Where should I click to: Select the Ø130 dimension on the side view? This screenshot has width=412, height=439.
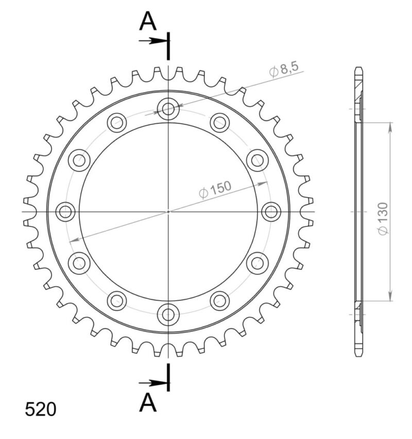click(383, 219)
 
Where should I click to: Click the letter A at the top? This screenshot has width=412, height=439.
click(148, 22)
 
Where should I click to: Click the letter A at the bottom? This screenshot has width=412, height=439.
click(148, 403)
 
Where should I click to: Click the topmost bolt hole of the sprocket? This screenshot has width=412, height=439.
click(168, 109)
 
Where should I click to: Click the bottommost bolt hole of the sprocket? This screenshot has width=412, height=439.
click(168, 314)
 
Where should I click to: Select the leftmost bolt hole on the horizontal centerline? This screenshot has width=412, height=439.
click(65, 212)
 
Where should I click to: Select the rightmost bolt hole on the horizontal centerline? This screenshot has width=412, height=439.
click(271, 212)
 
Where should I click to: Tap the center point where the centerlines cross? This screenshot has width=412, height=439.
click(168, 212)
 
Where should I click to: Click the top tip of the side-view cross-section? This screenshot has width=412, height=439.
click(359, 68)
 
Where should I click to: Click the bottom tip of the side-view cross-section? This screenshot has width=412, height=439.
click(359, 355)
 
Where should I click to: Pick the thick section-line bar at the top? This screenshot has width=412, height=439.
click(168, 45)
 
